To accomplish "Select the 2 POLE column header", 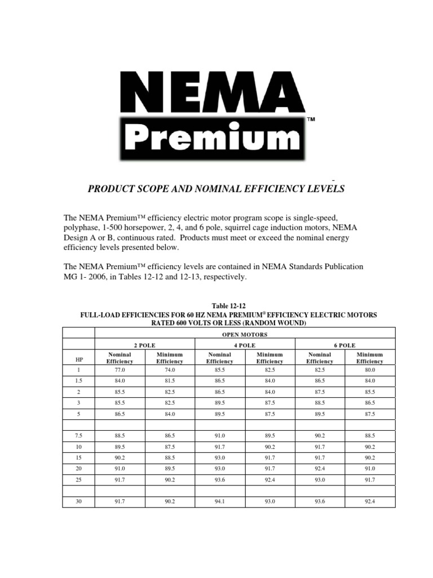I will (144, 345).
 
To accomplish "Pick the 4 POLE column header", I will (244, 345).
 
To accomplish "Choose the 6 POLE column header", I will (344, 345).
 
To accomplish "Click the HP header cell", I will (78, 358).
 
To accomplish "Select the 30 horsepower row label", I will (78, 500).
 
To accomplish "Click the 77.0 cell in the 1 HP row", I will (119, 370).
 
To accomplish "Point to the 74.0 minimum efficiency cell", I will (169, 370).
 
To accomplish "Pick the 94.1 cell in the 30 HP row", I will (219, 500).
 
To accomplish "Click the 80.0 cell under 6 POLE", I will (370, 370).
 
